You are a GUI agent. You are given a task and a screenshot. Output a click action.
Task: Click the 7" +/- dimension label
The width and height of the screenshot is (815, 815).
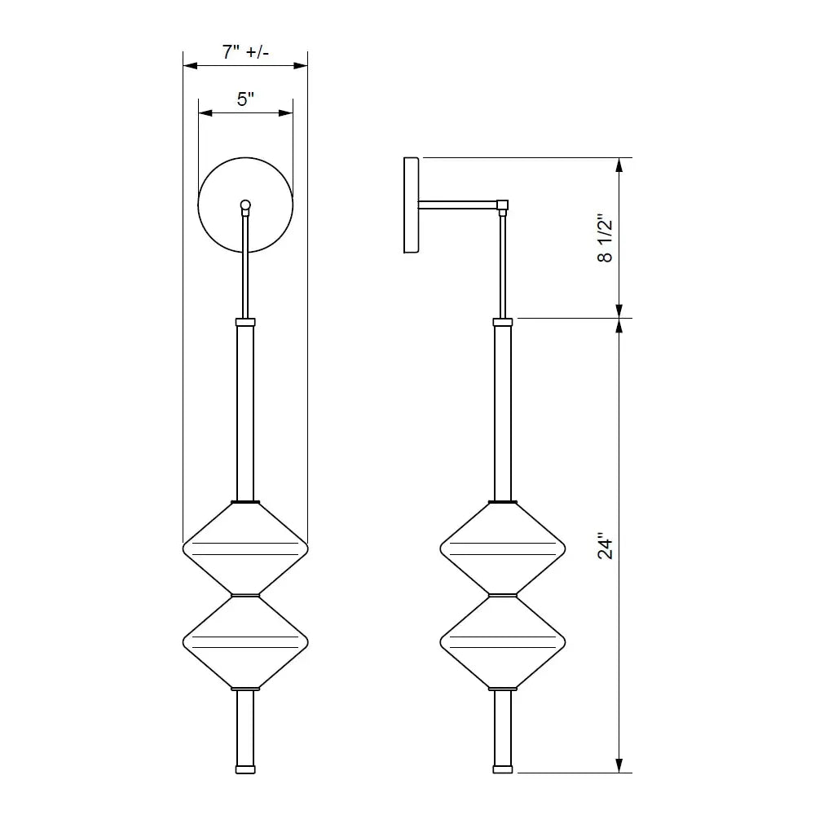pyautogui.click(x=245, y=52)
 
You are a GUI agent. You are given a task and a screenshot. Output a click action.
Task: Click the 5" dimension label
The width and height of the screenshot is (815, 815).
pyautogui.click(x=245, y=99)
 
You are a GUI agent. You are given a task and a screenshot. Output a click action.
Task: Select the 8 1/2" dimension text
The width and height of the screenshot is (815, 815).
pyautogui.click(x=604, y=238)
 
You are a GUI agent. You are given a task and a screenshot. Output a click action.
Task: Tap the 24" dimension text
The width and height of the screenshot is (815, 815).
pyautogui.click(x=604, y=547)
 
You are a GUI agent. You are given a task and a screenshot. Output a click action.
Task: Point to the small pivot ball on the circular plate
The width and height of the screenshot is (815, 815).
pyautogui.click(x=245, y=205)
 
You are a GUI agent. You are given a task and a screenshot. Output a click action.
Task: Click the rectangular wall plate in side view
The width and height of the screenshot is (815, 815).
pyautogui.click(x=412, y=205)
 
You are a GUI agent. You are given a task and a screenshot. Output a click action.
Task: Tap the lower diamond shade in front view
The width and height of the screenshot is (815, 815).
pyautogui.click(x=245, y=641)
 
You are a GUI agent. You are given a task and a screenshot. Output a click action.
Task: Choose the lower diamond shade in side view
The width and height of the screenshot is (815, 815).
pyautogui.click(x=503, y=641)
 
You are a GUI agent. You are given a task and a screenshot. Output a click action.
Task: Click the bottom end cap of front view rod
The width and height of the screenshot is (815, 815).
pyautogui.click(x=245, y=768)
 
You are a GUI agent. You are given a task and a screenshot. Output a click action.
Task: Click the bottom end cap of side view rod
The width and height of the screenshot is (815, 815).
pyautogui.click(x=503, y=768)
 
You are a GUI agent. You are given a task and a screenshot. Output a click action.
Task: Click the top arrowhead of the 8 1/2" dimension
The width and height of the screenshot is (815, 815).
pyautogui.click(x=619, y=164)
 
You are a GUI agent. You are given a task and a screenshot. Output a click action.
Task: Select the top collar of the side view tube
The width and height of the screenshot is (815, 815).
pyautogui.click(x=503, y=322)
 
